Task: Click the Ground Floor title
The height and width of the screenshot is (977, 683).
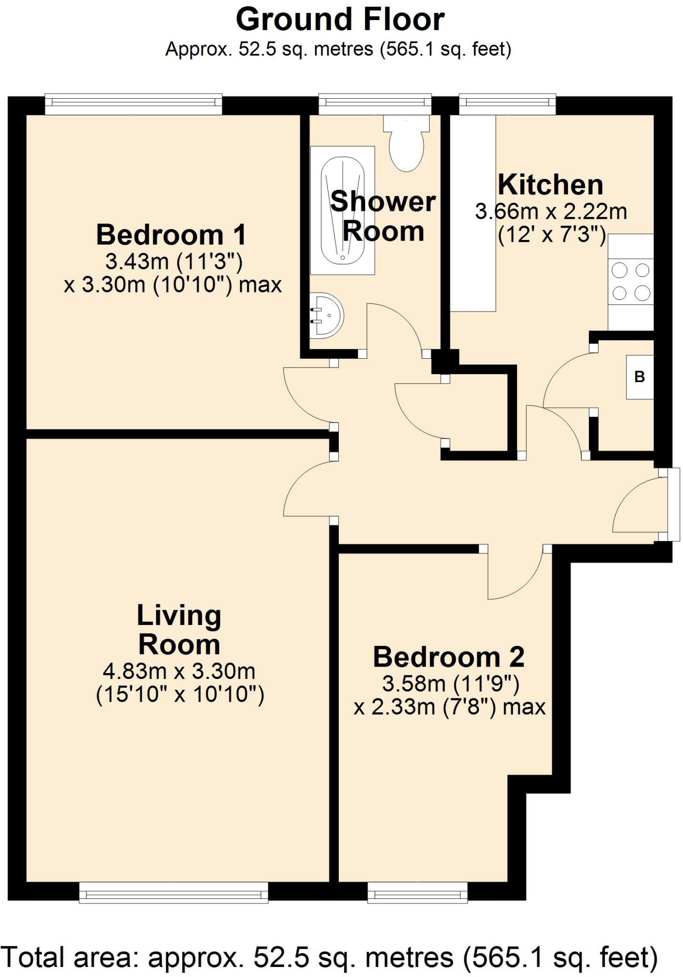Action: pos(340,20)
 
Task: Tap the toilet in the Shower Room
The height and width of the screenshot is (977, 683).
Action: pos(406,143)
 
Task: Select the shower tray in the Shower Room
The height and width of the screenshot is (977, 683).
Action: pos(343,210)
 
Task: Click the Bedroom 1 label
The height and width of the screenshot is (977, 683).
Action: pos(171,235)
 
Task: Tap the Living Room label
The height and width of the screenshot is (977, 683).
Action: pos(179,630)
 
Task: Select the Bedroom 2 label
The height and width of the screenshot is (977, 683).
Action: pos(449,657)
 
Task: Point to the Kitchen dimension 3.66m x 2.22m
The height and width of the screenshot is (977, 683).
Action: pos(551,212)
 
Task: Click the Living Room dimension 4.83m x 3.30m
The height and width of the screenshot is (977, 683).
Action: pos(179,672)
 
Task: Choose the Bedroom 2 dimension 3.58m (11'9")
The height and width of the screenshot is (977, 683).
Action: pos(451,684)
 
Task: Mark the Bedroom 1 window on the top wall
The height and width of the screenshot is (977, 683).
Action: pos(134,104)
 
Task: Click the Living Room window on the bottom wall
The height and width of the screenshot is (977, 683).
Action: pos(173,892)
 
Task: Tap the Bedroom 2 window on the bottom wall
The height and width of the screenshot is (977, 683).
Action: pos(418,892)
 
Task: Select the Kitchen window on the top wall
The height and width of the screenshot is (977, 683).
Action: pos(507,104)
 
